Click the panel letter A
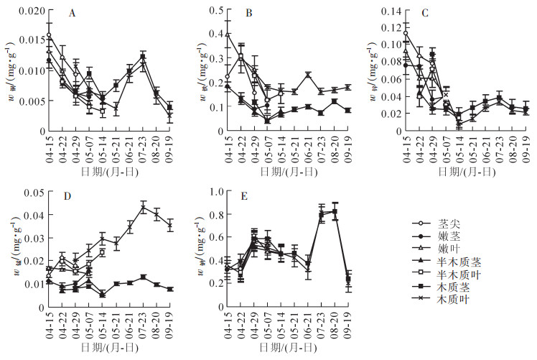point(73,14)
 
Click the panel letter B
point(248,14)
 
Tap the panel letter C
point(424,14)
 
